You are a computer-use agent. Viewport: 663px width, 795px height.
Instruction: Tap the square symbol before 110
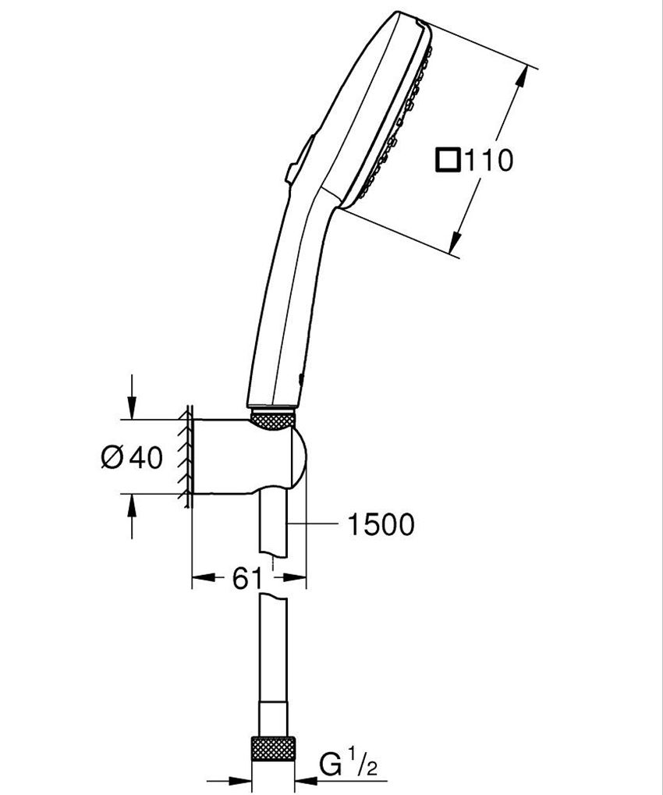(448, 160)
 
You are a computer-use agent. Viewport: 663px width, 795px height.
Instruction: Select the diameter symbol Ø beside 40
(112, 456)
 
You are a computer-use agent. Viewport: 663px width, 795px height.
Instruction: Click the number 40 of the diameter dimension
(146, 456)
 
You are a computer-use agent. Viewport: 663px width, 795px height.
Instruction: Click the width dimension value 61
(246, 578)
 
